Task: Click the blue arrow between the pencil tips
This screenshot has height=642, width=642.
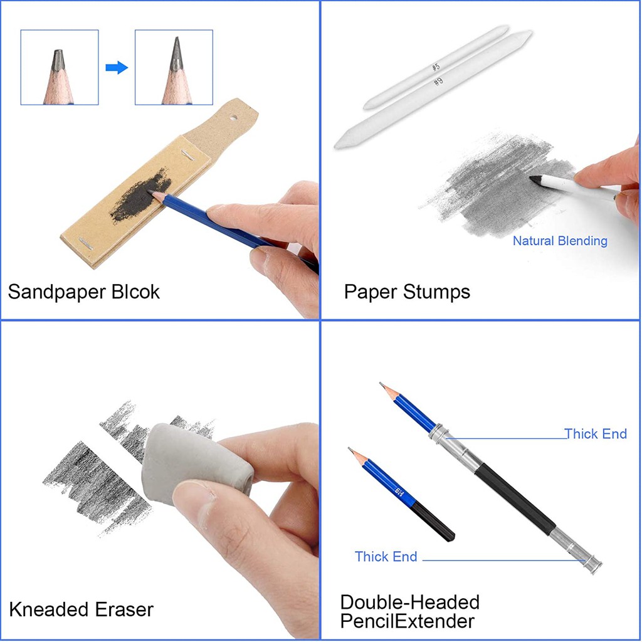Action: coord(116,68)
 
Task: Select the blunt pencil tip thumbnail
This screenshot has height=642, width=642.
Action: coord(59,67)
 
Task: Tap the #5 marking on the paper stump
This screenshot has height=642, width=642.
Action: coord(435,66)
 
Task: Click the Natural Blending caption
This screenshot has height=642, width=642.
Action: coord(560,241)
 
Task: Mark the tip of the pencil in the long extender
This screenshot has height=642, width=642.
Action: coord(382,384)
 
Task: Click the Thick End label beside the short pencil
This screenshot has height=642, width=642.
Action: coord(386,556)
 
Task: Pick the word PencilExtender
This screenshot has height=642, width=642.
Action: coord(407,621)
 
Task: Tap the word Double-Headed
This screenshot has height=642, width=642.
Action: coord(409,602)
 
